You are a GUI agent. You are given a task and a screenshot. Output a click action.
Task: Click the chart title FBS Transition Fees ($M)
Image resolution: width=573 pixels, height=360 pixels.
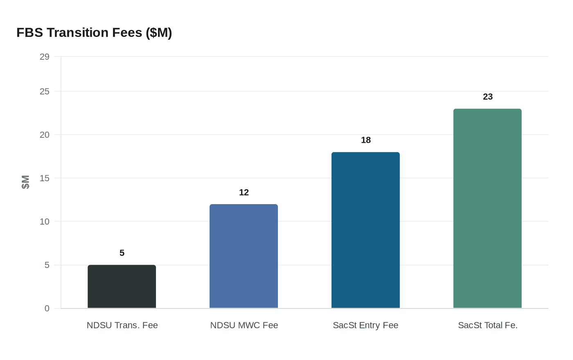[x=94, y=33]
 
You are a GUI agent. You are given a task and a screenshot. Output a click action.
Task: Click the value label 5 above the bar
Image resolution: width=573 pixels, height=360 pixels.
[x=122, y=253]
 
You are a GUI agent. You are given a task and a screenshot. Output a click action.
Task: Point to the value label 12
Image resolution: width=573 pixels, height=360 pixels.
[x=244, y=193]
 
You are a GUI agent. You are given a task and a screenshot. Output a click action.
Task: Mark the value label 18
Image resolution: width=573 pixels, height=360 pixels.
[x=366, y=140]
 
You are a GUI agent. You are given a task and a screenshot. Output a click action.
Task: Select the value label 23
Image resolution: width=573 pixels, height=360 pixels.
[x=488, y=97]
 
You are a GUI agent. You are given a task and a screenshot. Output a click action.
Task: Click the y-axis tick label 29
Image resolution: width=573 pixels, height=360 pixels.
[x=45, y=57]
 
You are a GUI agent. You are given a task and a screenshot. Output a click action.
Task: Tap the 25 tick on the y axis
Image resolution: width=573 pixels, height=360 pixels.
[x=45, y=92]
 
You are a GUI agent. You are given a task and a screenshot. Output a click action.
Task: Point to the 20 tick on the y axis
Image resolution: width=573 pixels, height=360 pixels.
[x=45, y=135]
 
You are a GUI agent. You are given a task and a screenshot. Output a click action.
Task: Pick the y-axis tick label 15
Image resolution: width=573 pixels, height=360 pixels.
[x=45, y=178]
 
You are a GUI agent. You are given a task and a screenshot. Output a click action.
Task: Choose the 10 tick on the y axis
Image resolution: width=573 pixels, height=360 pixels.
[x=45, y=222]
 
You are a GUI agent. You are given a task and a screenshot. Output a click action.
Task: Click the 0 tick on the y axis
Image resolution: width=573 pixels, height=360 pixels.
[x=47, y=308]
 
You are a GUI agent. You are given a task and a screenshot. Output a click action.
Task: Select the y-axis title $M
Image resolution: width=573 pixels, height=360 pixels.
[x=25, y=182]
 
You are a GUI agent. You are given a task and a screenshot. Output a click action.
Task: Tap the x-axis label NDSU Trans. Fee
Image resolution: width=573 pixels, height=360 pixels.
[x=122, y=326]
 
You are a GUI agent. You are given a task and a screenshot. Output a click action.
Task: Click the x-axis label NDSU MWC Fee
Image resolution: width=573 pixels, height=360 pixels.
[x=244, y=326]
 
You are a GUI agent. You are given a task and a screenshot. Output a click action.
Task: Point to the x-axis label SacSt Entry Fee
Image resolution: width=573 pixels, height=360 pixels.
[x=365, y=326]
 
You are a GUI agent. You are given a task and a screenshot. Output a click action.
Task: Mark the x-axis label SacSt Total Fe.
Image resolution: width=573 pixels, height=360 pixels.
[x=488, y=326]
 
